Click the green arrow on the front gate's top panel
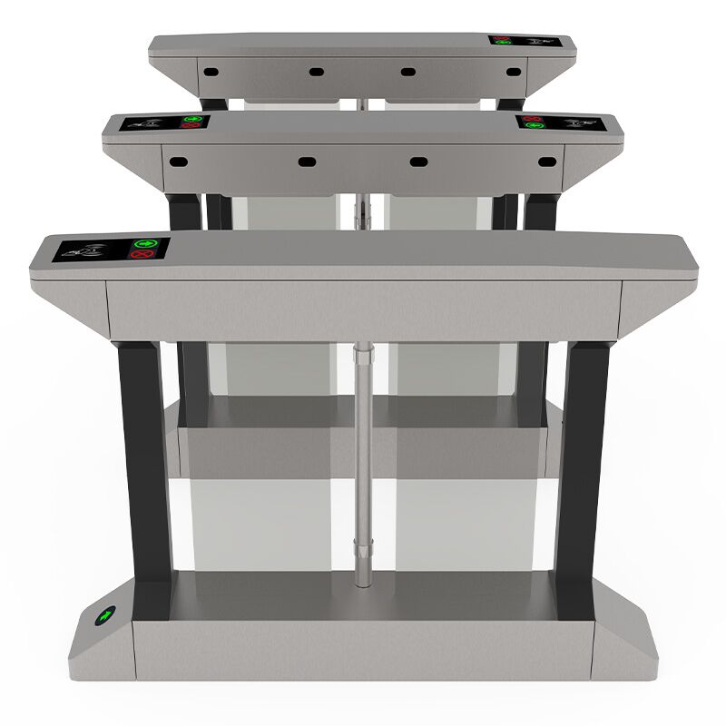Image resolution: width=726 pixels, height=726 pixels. [x=144, y=243]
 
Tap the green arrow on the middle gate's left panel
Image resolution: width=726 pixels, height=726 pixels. [x=191, y=119]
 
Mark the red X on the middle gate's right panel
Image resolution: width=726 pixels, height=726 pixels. [x=534, y=118]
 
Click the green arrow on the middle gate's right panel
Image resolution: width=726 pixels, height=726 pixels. [x=535, y=125]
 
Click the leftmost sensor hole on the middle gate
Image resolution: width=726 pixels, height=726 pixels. [x=179, y=161]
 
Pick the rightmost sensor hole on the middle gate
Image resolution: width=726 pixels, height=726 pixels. [x=545, y=162]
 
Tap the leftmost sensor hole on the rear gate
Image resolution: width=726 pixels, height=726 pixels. [x=208, y=70]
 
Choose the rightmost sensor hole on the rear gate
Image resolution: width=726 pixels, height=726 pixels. [x=514, y=71]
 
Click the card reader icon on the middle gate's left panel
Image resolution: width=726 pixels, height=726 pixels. [x=149, y=121]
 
